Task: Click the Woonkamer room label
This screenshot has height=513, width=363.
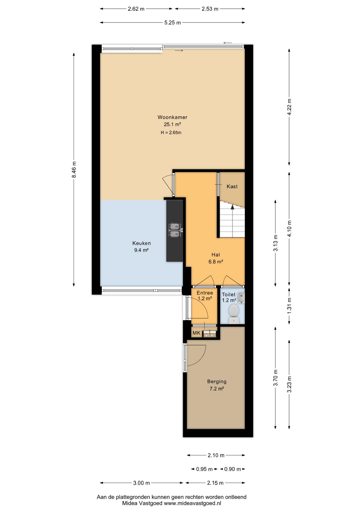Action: (172, 117)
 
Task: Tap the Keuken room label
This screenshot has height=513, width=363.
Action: (141, 243)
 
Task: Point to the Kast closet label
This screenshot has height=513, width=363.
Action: (232, 186)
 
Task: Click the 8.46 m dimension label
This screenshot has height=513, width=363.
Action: (74, 169)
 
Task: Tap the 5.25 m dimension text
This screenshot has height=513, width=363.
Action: (172, 23)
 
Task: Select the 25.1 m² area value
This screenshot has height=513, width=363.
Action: (172, 124)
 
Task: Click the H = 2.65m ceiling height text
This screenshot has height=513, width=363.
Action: (171, 133)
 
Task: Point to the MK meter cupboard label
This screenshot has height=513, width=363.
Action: (196, 333)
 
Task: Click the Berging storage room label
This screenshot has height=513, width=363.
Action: (217, 382)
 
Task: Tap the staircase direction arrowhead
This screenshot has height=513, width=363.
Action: (232, 207)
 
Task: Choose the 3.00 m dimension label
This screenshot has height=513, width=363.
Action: (141, 483)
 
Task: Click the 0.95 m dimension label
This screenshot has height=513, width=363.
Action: (204, 469)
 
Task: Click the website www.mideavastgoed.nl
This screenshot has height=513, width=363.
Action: (192, 503)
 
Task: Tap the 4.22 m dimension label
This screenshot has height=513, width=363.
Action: (289, 107)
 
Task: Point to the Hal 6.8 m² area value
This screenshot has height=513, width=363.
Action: (216, 262)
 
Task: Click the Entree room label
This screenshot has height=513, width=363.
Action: (205, 293)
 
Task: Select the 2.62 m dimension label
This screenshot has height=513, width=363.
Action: (136, 9)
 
